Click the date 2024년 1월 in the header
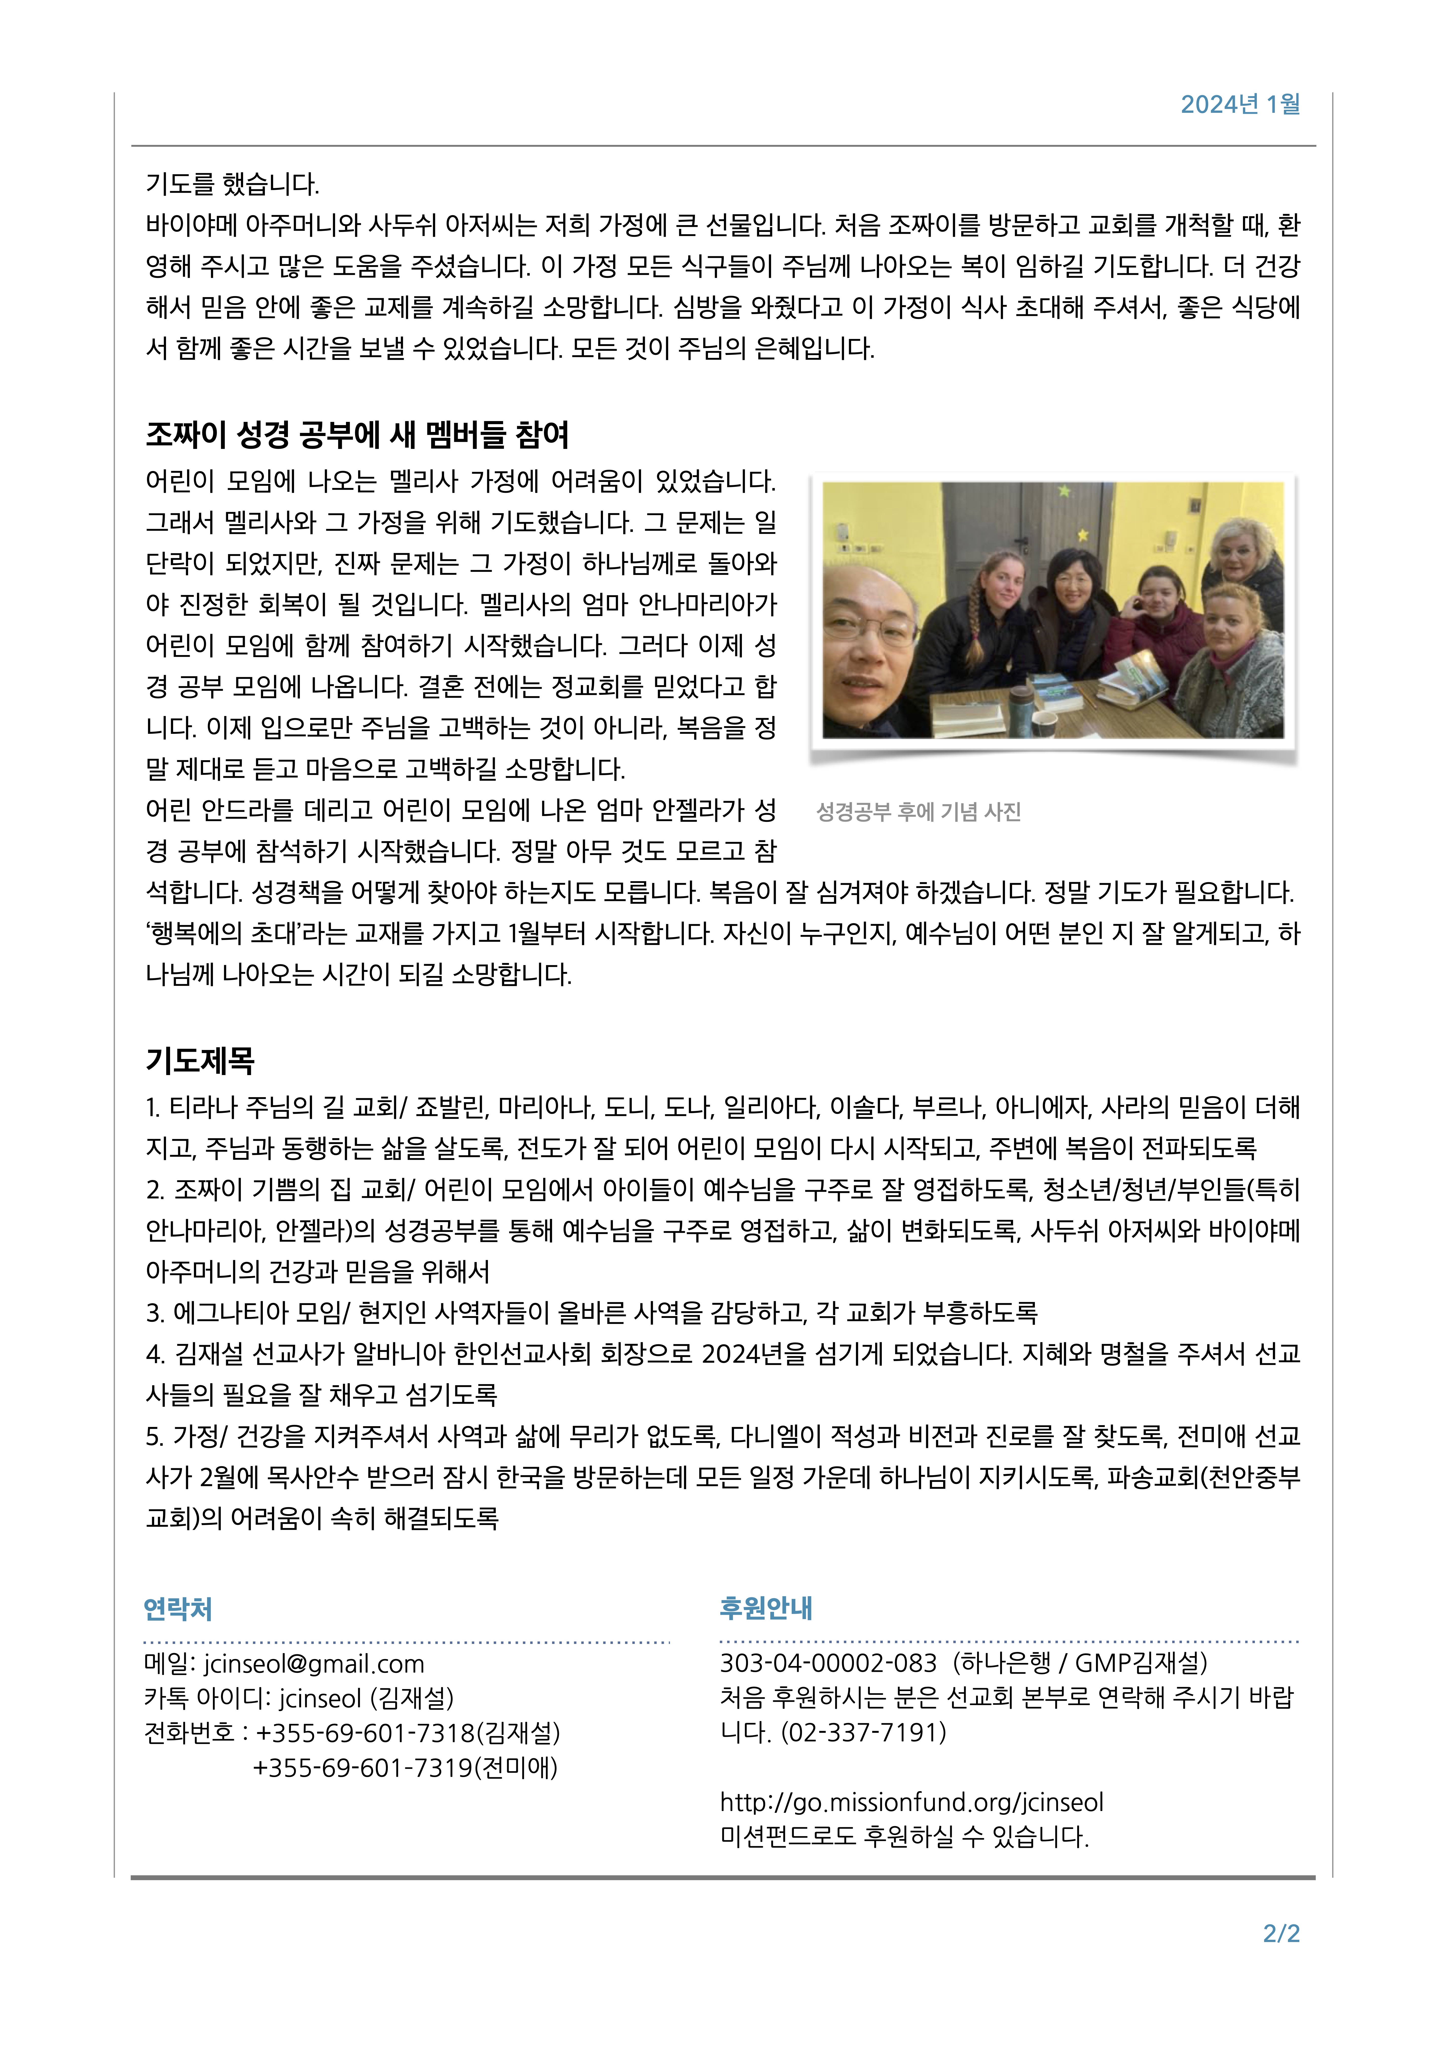pos(1240,105)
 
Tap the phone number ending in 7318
pos(366,1733)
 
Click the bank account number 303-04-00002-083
pos(828,1663)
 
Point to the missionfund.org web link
pos(912,1802)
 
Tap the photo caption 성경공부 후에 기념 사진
pos(919,812)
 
